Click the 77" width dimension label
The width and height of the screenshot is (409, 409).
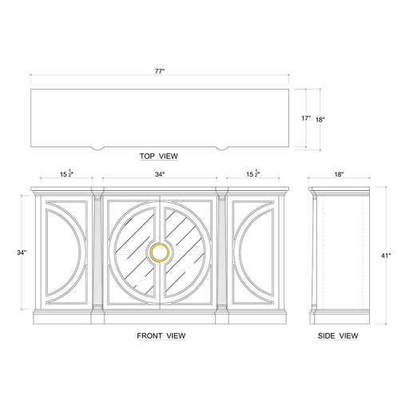(160, 71)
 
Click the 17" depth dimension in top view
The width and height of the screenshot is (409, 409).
(304, 118)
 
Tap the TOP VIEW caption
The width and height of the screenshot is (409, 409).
(159, 157)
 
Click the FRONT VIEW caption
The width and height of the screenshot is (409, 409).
(161, 336)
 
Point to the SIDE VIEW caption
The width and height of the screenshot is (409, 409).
(338, 336)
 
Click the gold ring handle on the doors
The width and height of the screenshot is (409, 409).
(160, 252)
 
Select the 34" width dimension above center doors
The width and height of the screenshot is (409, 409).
(160, 174)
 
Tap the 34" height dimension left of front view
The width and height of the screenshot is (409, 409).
(22, 252)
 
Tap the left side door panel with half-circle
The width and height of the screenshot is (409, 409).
(66, 252)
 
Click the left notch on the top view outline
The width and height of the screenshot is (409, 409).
(97, 147)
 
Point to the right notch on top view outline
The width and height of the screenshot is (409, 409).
(223, 147)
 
